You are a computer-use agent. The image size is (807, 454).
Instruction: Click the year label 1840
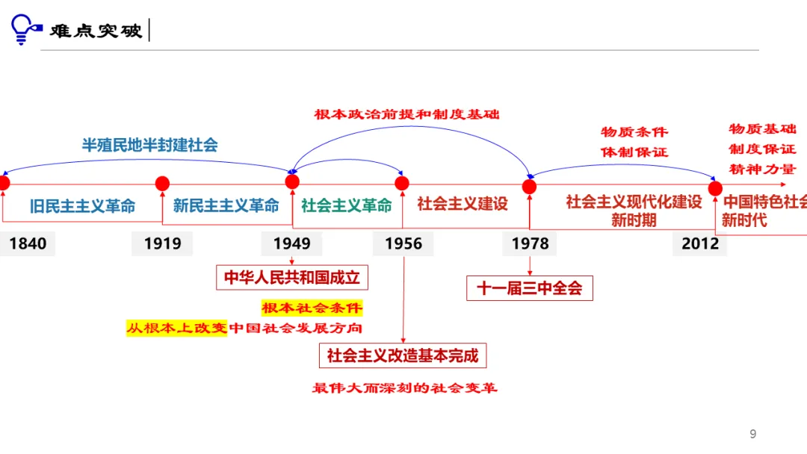(x=28, y=243)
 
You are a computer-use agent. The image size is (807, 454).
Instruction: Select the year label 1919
(x=162, y=243)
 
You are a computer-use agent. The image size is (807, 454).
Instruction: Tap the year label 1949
(x=291, y=243)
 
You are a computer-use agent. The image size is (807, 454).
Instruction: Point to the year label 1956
(x=403, y=243)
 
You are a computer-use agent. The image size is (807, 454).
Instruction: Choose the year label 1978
(x=530, y=243)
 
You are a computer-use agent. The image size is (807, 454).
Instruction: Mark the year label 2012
(x=700, y=243)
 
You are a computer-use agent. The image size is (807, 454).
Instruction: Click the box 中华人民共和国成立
(x=292, y=278)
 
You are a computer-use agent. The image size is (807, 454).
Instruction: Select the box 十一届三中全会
(x=529, y=288)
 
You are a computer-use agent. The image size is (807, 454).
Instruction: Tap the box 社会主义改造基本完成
(x=403, y=355)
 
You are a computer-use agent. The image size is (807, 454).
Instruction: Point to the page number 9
(x=752, y=434)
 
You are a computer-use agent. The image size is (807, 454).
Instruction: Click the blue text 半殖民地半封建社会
(x=149, y=145)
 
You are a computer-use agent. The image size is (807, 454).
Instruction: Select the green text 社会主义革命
(x=347, y=205)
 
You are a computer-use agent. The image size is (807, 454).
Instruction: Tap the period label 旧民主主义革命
(x=83, y=206)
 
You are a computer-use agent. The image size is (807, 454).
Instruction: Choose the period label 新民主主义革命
(x=226, y=205)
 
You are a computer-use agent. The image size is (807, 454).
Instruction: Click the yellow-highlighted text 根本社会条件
(x=312, y=308)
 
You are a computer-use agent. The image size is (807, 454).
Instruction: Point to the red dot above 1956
(x=402, y=183)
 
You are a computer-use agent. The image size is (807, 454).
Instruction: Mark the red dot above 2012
(x=715, y=187)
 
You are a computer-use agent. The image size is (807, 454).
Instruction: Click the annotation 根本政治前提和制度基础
(x=406, y=114)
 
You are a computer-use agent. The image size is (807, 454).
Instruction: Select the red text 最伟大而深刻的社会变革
(x=404, y=388)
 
